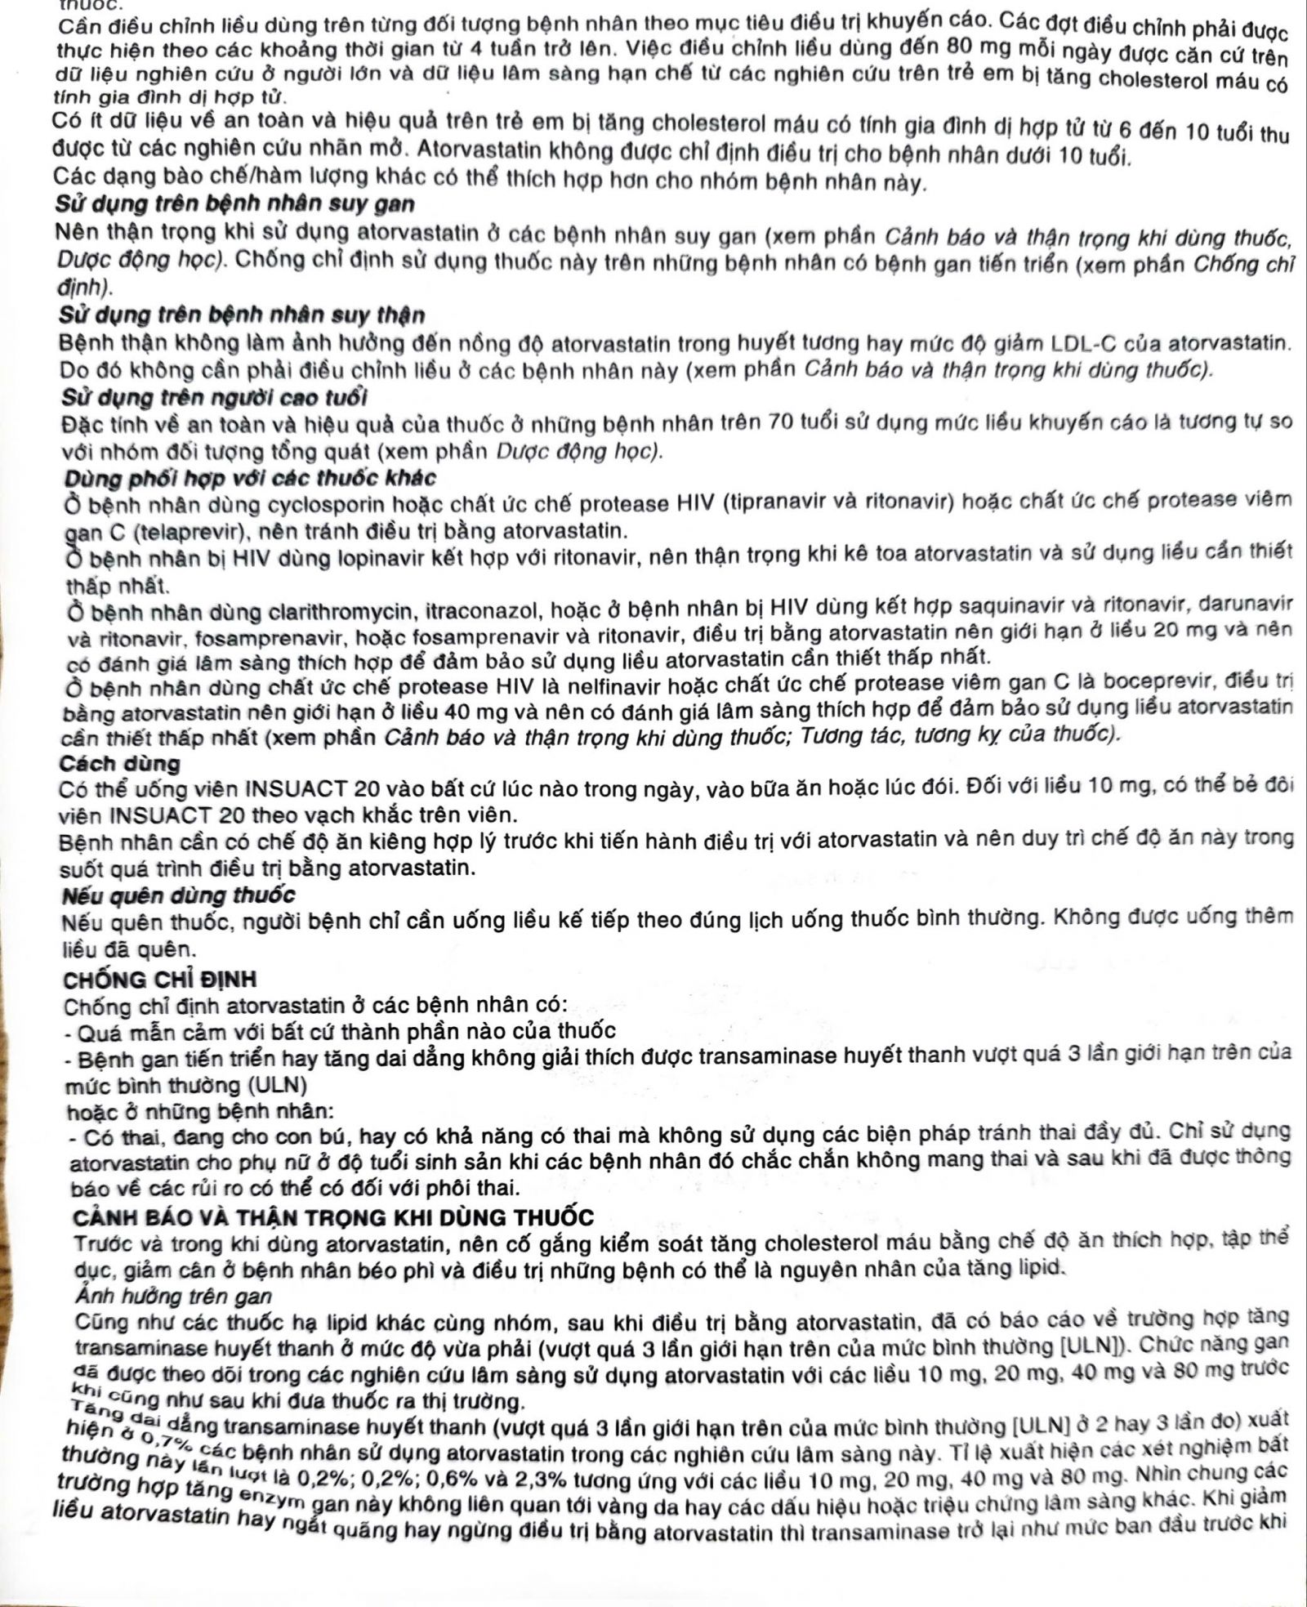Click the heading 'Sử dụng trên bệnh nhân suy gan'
pyautogui.click(x=234, y=204)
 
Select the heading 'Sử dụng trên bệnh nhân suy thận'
pyautogui.click(x=242, y=315)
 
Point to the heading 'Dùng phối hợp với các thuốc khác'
pyautogui.click(x=250, y=478)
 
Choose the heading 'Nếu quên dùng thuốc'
pyautogui.click(x=178, y=895)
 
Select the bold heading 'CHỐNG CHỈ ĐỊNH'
pyautogui.click(x=159, y=980)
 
